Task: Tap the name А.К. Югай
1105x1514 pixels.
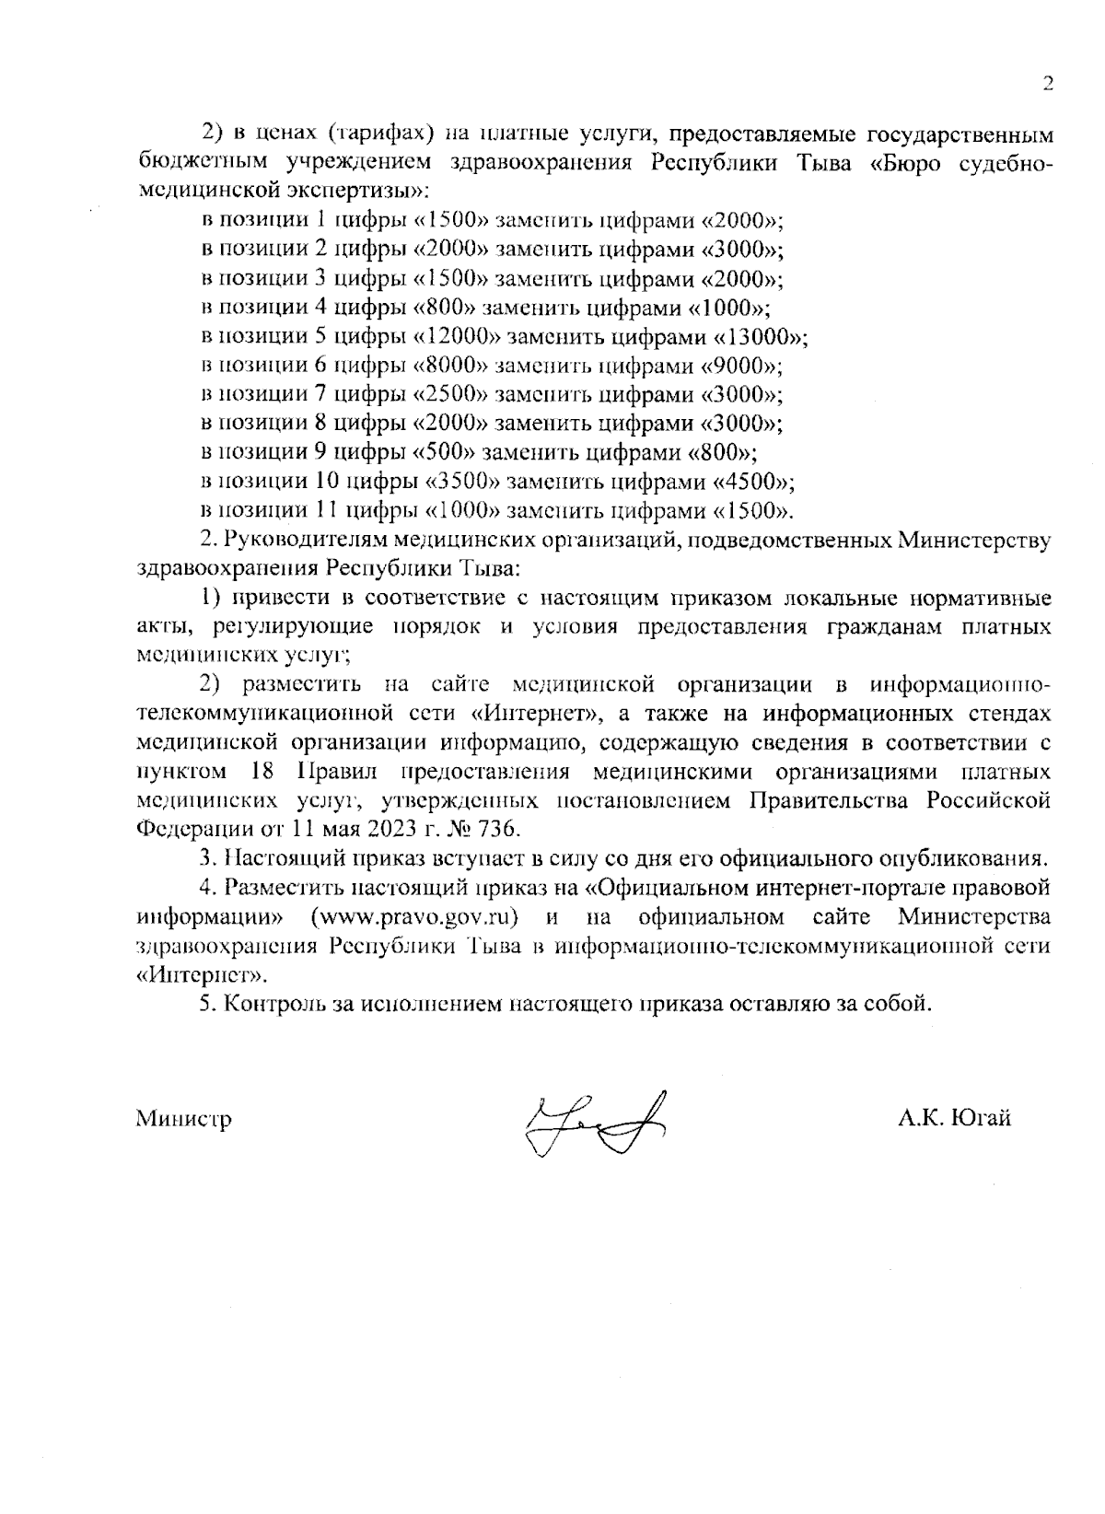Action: click(955, 1118)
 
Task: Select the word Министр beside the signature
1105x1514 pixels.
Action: click(183, 1119)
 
